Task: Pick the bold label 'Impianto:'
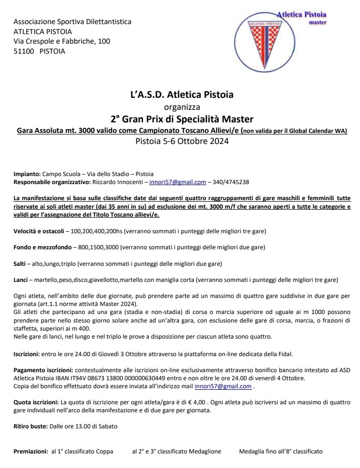tap(27, 174)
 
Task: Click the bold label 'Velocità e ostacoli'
tap(39, 231)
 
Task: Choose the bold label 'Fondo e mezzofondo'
tap(40, 247)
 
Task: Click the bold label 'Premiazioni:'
tap(31, 451)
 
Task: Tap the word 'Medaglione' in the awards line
tap(204, 451)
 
